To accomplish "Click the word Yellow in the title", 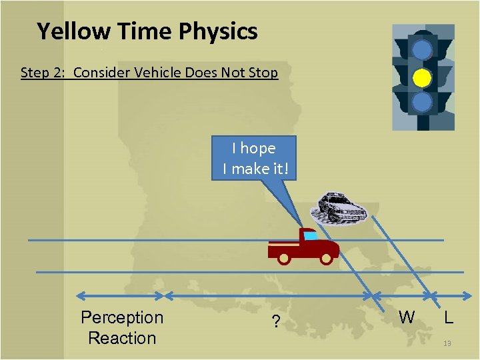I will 71,31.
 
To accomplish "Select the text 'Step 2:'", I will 43,73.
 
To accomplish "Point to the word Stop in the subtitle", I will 263,73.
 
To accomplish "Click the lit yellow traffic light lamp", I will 422,78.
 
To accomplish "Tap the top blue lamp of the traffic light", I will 422,50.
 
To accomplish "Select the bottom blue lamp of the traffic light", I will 422,103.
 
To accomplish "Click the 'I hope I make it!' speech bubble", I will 256,159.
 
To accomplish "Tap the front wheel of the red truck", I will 327,257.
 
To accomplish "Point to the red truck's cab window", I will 311,235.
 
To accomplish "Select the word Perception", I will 121,317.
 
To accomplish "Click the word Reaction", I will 121,338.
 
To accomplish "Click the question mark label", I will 276,323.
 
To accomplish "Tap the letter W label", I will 407,317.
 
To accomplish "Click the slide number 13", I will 447,343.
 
